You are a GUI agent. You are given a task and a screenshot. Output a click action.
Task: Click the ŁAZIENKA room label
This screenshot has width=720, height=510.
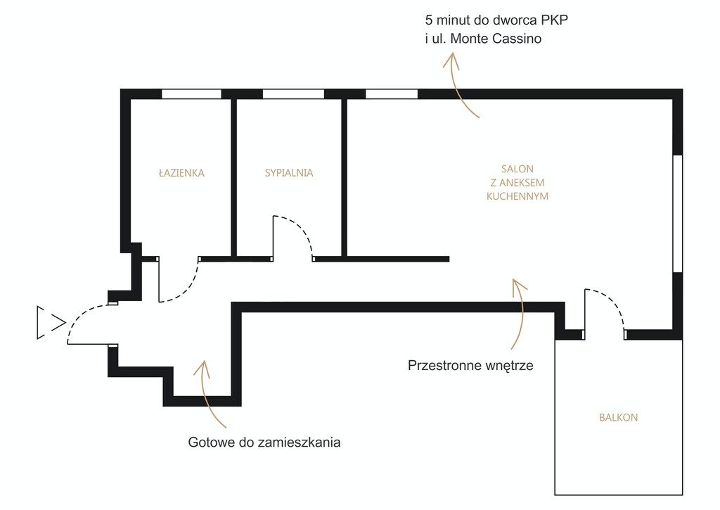181,173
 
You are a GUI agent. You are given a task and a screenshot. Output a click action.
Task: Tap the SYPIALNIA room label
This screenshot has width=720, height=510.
289,173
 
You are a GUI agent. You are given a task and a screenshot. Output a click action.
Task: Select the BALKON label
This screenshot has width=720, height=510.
619,418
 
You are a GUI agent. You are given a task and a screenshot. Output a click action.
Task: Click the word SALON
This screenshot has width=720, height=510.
517,169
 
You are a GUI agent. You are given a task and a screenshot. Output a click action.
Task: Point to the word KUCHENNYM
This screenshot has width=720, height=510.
517,196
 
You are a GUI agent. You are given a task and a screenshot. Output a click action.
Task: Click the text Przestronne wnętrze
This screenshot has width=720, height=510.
470,366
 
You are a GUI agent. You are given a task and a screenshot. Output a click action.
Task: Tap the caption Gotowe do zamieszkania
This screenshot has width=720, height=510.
264,442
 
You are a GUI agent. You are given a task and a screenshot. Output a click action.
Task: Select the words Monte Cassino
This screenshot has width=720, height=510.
496,39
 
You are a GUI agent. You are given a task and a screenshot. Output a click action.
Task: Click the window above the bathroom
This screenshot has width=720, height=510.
191,94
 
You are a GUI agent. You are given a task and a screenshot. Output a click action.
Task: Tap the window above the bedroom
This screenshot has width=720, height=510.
293,94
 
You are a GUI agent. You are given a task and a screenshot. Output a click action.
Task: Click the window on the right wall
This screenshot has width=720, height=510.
678,214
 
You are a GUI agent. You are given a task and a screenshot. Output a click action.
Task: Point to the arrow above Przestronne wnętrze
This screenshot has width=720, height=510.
522,312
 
